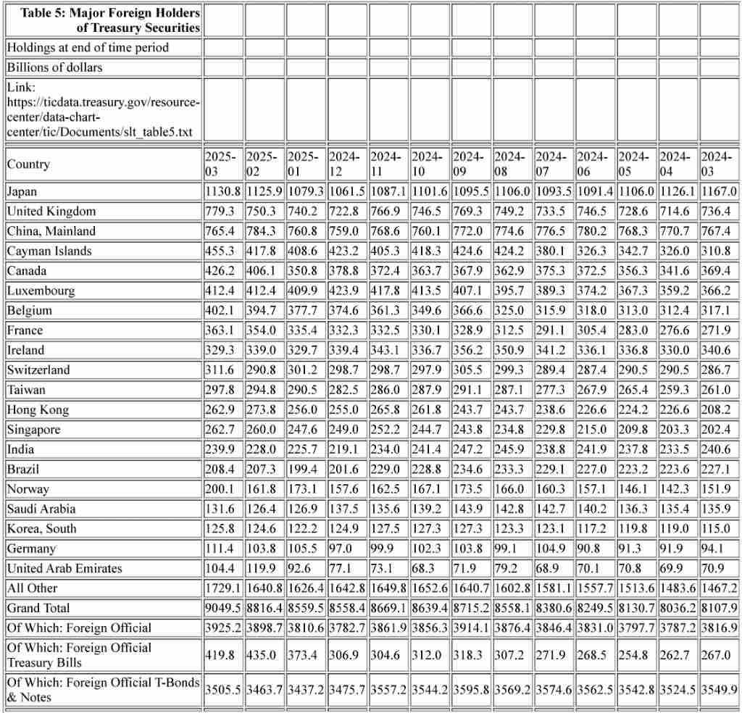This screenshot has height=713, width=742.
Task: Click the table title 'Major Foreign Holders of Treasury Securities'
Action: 110,20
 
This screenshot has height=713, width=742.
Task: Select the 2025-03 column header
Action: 221,164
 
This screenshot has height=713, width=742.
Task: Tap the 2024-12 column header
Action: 345,164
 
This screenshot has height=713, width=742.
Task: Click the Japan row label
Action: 22,192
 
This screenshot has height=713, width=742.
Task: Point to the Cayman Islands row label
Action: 49,251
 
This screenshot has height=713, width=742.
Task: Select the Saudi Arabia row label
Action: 41,509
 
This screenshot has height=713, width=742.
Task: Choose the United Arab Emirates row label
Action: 64,568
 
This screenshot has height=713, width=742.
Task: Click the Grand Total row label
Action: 38,608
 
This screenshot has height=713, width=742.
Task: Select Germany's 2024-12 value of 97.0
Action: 341,549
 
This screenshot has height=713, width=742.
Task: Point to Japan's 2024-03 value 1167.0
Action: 719,192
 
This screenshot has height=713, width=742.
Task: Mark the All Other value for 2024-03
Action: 719,588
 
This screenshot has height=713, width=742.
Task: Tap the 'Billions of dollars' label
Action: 55,67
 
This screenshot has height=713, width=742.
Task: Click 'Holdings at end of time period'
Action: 88,48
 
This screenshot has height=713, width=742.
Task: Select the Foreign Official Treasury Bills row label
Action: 80,655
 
